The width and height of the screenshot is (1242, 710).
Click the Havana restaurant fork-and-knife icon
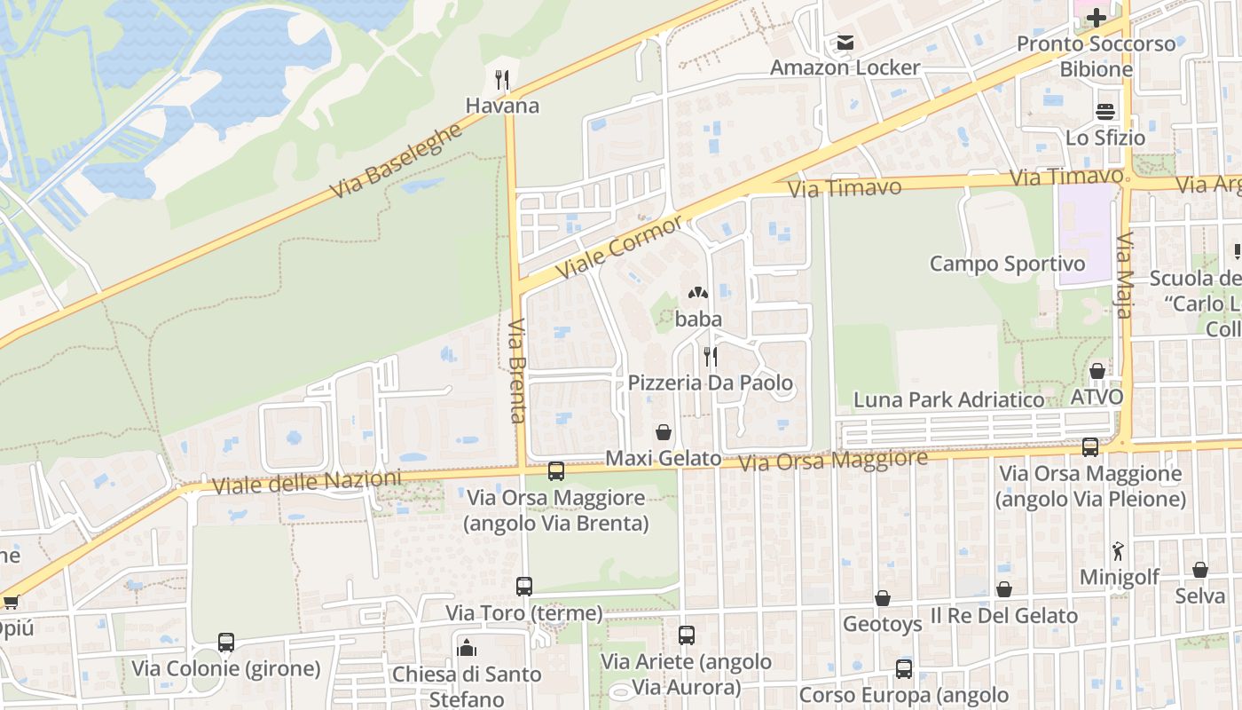coord(502,80)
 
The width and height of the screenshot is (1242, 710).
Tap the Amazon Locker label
coord(845,67)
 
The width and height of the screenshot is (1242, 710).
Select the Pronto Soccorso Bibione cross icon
coord(1097,18)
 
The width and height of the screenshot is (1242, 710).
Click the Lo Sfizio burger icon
coord(1105,112)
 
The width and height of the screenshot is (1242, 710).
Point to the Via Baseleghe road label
coord(397,161)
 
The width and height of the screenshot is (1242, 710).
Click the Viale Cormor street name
coord(619,246)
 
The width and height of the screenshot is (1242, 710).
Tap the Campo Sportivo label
coord(1007,264)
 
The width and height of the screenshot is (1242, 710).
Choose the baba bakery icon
coord(698,293)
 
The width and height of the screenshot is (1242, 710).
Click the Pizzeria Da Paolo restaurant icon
coord(710,357)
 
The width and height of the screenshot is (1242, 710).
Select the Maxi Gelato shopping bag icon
coord(664,432)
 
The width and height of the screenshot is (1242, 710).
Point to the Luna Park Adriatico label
coord(948,400)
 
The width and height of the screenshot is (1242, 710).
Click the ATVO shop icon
coord(1097,371)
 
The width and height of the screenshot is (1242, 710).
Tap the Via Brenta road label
coord(517,370)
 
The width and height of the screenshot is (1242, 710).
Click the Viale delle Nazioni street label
coord(306,483)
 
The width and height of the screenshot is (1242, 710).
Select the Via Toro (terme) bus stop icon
coord(524,587)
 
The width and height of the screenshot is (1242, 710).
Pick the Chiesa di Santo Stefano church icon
coord(467,648)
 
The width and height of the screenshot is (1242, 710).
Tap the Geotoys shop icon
coord(882,599)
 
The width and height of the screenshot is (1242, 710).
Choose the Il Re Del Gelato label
coord(1004,616)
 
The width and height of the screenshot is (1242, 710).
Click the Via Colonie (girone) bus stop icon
coord(226,643)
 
